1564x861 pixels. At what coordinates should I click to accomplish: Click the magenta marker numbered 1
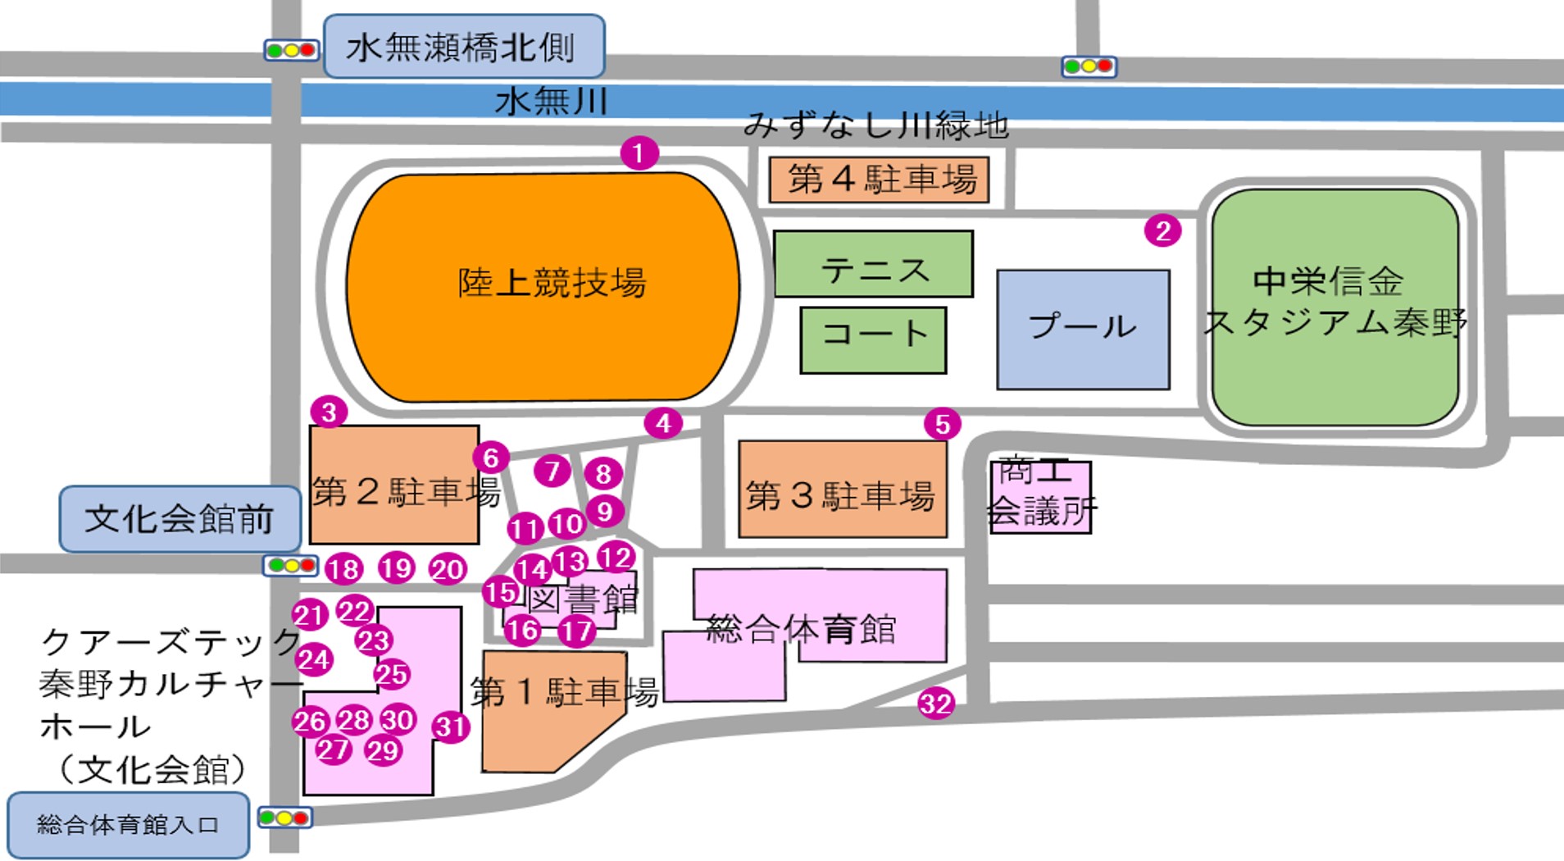[x=639, y=153]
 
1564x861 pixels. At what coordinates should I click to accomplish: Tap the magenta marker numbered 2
[x=1162, y=231]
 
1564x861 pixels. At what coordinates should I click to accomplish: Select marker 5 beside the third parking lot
[x=942, y=424]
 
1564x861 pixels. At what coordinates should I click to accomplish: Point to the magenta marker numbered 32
[x=935, y=704]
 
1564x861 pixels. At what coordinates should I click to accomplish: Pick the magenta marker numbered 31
[x=450, y=727]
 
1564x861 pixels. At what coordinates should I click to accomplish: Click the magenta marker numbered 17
[x=576, y=631]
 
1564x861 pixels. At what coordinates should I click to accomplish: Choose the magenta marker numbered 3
[x=329, y=412]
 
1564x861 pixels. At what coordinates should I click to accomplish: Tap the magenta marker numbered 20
[x=448, y=569]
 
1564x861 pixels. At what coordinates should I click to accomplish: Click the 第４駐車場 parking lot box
[x=879, y=180]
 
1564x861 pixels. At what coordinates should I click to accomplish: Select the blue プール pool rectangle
[x=1083, y=329]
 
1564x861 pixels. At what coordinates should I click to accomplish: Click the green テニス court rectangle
[x=873, y=264]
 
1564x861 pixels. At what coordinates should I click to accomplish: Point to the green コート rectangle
[x=873, y=340]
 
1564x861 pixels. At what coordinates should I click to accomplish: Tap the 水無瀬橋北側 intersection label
[x=464, y=47]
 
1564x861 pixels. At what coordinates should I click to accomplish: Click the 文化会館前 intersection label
[x=180, y=518]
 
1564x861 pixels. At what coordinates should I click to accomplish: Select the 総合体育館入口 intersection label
[x=128, y=825]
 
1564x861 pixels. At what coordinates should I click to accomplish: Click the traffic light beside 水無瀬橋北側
[x=291, y=50]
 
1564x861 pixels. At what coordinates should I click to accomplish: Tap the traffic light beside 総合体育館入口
[x=284, y=818]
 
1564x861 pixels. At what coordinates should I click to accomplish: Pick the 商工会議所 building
[x=1040, y=497]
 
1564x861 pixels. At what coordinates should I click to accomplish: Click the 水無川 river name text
[x=551, y=102]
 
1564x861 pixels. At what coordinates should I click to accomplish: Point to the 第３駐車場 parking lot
[x=842, y=490]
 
